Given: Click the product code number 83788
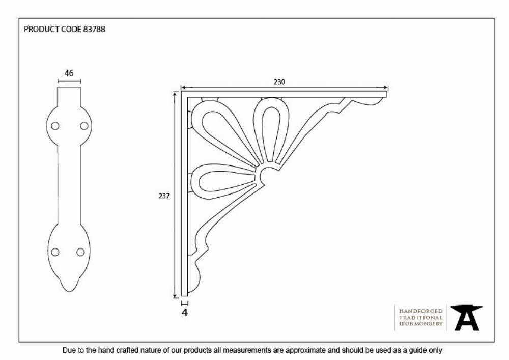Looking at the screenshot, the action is pyautogui.click(x=94, y=29).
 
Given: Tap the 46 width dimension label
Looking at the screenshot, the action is pyautogui.click(x=69, y=73).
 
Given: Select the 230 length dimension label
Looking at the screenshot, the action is pyautogui.click(x=279, y=82).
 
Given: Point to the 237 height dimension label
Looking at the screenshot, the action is pyautogui.click(x=164, y=196).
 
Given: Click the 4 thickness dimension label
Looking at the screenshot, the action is pyautogui.click(x=185, y=312).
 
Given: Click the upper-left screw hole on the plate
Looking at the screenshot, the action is pyautogui.click(x=55, y=126).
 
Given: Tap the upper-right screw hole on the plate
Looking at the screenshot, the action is pyautogui.click(x=84, y=126).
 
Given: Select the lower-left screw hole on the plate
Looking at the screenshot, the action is pyautogui.click(x=55, y=252).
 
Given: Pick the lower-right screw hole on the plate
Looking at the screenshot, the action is pyautogui.click(x=80, y=252).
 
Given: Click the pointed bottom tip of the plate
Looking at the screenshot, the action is pyautogui.click(x=69, y=291).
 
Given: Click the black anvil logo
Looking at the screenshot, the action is pyautogui.click(x=466, y=318).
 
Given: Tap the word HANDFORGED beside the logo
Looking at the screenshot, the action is pyautogui.click(x=421, y=311).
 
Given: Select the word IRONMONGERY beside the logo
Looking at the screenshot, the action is pyautogui.click(x=421, y=324).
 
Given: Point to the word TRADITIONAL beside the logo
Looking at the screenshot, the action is pyautogui.click(x=421, y=317).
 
